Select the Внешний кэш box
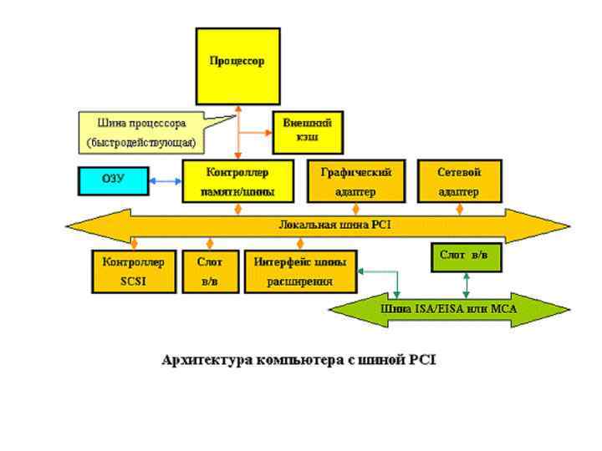[308, 130]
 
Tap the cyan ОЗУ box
[112, 180]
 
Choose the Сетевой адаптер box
[458, 181]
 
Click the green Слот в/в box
[465, 255]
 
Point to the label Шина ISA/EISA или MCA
[450, 309]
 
